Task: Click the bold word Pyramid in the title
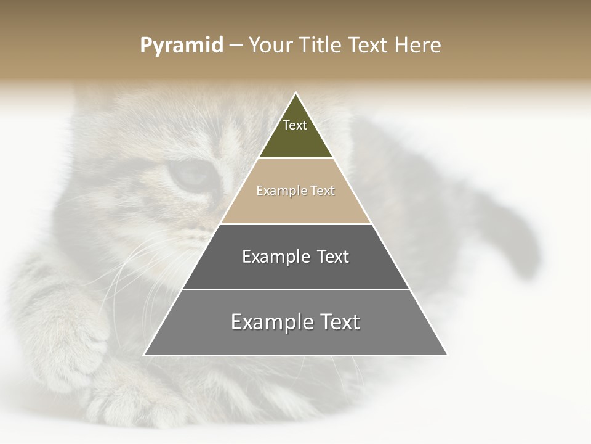[181, 46]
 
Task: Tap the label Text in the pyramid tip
[295, 125]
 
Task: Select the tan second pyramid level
[295, 207]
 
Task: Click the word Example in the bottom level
[271, 322]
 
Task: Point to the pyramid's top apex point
[295, 94]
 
